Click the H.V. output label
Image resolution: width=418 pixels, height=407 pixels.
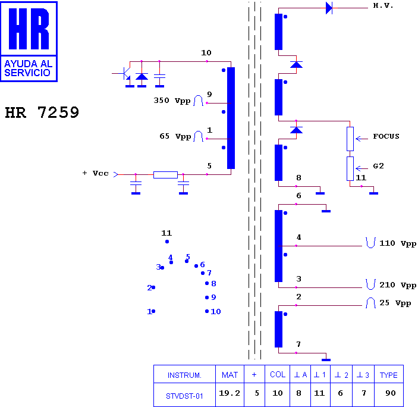click(383, 5)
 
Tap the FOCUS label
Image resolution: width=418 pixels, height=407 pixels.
click(386, 136)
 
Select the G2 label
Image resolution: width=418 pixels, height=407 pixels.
click(378, 166)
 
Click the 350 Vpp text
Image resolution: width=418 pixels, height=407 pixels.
click(172, 101)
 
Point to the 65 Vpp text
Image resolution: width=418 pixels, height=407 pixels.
click(175, 136)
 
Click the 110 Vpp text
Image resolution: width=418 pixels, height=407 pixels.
click(397, 243)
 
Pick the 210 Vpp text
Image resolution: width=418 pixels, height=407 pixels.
click(397, 285)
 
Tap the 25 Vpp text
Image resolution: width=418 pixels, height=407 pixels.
click(395, 303)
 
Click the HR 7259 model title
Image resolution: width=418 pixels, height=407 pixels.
click(42, 112)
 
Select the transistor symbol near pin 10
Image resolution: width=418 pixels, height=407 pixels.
click(124, 74)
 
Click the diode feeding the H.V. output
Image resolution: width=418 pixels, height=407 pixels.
click(329, 8)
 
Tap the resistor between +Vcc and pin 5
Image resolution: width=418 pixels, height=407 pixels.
click(165, 175)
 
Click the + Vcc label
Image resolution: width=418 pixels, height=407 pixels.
click(96, 173)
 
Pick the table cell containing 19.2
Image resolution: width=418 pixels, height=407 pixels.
click(230, 395)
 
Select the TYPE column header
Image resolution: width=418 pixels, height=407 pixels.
click(389, 374)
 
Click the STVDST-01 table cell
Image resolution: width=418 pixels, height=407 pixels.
click(184, 395)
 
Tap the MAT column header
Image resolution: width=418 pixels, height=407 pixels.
click(230, 374)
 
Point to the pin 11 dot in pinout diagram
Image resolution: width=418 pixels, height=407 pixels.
click(167, 242)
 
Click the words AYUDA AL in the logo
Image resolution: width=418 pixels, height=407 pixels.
click(29, 64)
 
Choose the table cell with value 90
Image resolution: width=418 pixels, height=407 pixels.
click(389, 395)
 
